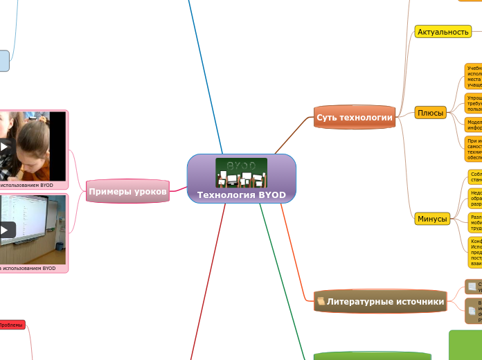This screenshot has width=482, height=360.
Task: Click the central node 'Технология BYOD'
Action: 241,195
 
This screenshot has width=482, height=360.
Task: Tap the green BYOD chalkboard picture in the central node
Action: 241,172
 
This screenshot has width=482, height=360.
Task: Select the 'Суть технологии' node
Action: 355,117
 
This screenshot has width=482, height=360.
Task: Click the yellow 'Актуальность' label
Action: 443,31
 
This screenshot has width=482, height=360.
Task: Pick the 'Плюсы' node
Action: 430,113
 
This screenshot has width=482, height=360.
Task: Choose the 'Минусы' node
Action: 432,219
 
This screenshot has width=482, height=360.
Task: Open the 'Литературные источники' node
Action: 385,301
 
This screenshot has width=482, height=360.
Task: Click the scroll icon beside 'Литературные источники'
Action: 321,301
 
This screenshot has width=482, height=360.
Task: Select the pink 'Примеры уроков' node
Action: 128,191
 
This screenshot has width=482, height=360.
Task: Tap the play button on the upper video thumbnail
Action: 6,147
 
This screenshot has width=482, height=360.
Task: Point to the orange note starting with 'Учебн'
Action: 474,77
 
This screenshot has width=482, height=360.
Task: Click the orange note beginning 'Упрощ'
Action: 474,103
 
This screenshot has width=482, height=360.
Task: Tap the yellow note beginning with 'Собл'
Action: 475,175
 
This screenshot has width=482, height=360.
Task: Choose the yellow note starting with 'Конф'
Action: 475,253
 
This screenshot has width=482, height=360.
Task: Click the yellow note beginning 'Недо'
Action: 475,198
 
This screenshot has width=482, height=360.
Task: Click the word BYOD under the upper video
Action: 46,186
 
